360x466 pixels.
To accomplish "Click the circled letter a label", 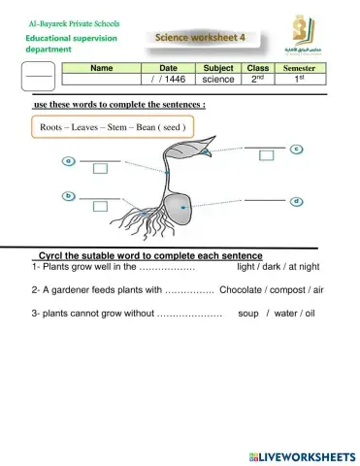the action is click(70, 160).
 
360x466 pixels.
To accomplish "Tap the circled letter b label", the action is click(70, 195).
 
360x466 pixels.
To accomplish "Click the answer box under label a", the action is click(100, 168).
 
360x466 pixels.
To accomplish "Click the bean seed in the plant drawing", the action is click(178, 206).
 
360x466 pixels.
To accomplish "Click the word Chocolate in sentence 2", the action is click(243, 289).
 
